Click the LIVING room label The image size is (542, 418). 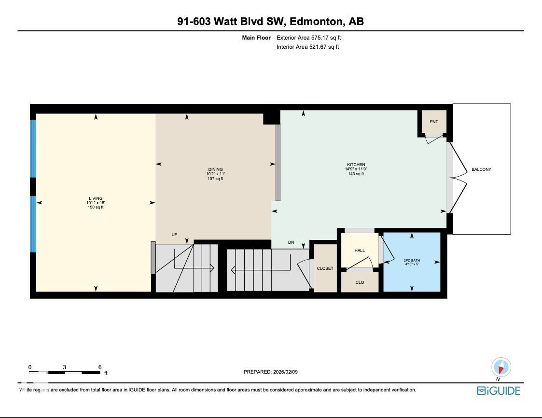coord(95,198)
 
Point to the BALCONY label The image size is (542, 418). coord(481,169)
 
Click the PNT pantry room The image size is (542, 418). coord(433,122)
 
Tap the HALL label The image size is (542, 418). coord(360,251)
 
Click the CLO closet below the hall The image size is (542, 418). coord(360,282)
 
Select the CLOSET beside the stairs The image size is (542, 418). coord(325,268)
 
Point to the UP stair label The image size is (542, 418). coord(174,235)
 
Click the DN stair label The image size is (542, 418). coord(291,242)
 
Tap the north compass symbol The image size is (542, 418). coord(501,368)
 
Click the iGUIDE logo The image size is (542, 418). coord(498,390)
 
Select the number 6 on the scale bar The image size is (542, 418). coord(99,367)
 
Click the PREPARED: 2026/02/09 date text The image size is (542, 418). coord(274,372)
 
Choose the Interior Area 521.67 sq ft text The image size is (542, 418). coord(307,47)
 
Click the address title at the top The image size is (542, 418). coord(270,21)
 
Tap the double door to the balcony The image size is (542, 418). coord(456,179)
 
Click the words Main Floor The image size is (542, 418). coord(256,37)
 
